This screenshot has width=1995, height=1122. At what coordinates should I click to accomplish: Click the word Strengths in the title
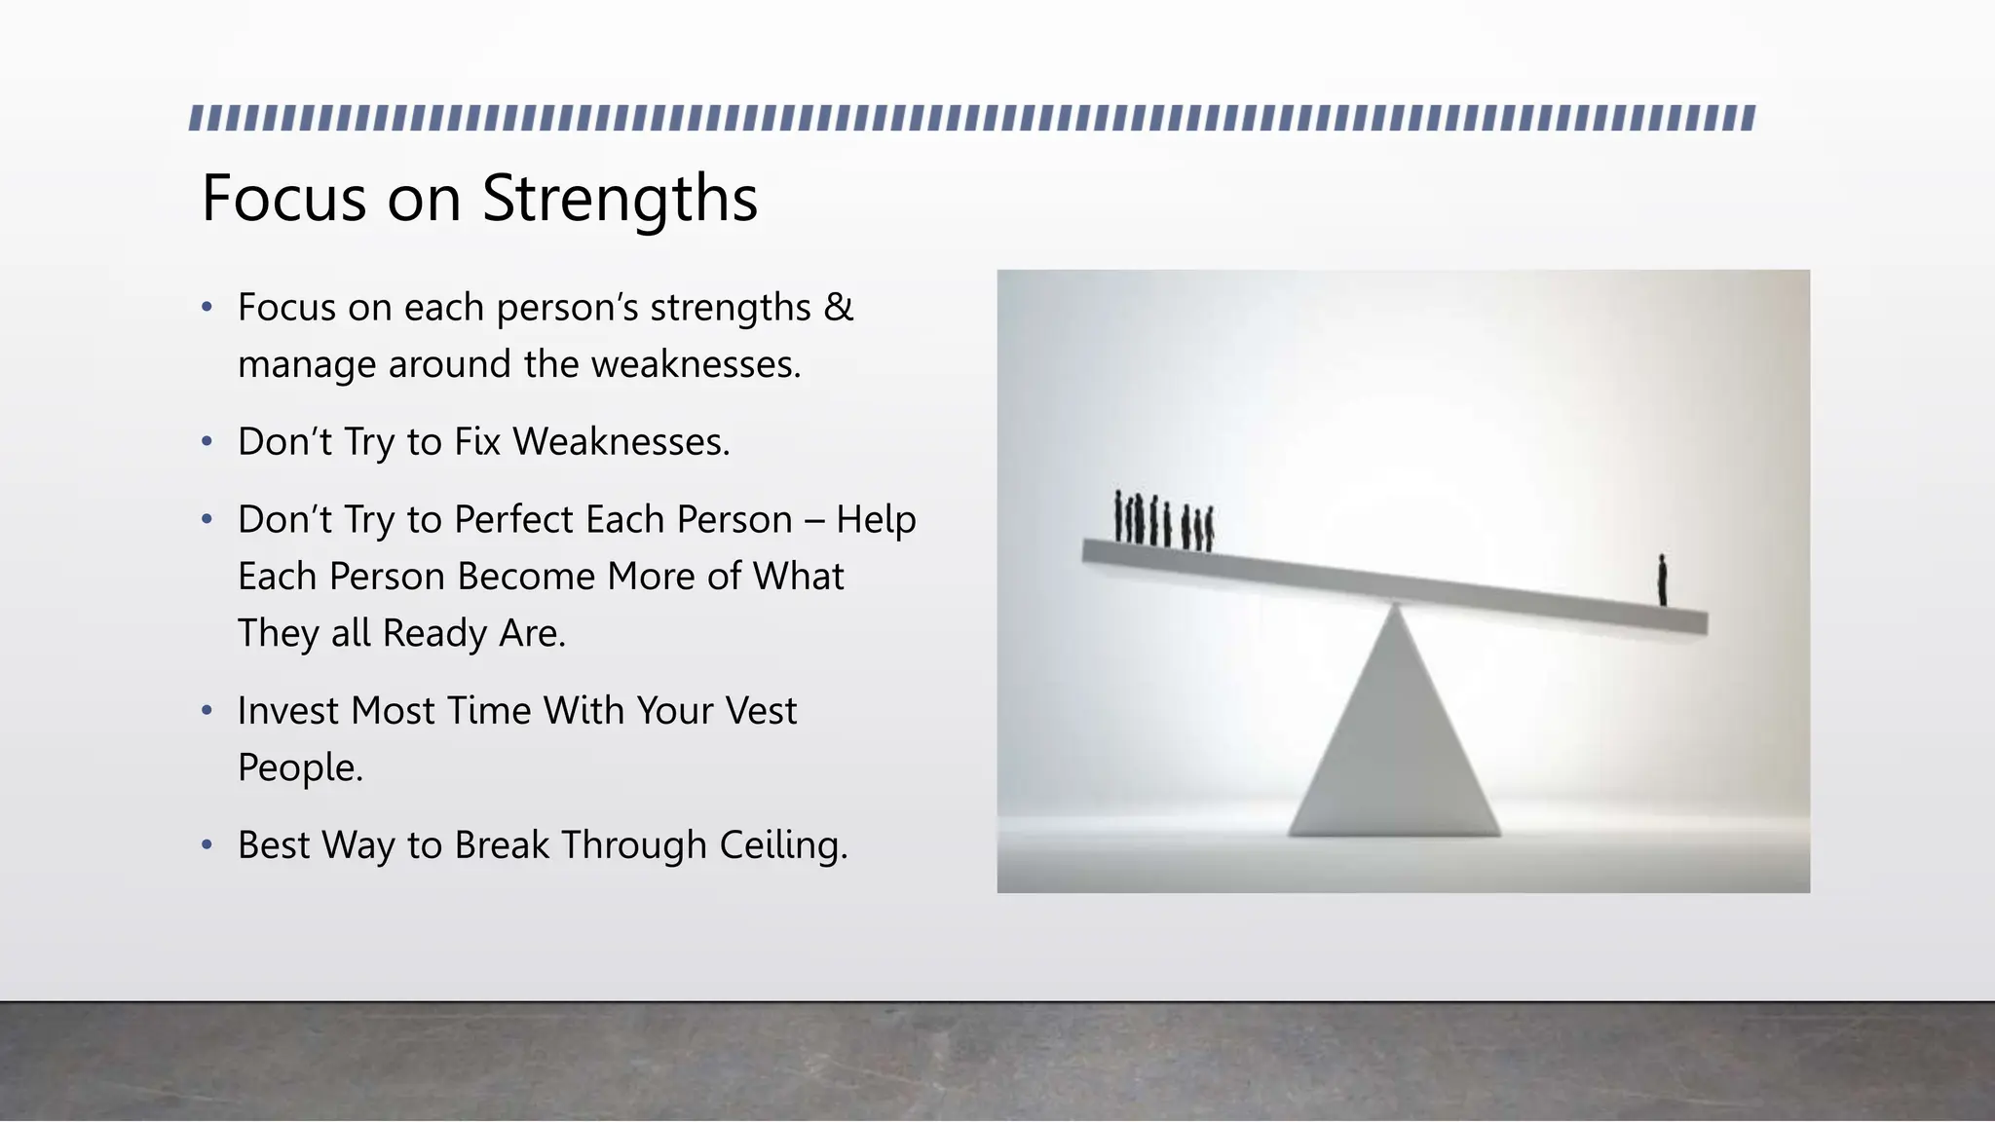point(620,200)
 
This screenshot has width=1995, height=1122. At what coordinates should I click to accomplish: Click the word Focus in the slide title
point(283,200)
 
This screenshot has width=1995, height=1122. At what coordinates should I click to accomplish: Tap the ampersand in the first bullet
point(838,308)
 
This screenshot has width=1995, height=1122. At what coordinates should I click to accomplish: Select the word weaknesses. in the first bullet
point(696,365)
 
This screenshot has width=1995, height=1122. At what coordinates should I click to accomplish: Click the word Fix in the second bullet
point(477,442)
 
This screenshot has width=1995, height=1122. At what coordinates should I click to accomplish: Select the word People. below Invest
point(300,768)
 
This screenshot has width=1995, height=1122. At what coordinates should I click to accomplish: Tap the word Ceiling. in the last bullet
point(783,845)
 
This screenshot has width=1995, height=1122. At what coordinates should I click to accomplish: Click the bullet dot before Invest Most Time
point(207,711)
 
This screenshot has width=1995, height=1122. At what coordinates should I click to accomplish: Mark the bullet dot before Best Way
point(207,844)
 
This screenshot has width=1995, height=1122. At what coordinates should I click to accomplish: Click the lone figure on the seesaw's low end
point(1663,580)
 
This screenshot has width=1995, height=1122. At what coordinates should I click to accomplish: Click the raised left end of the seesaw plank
point(1101,551)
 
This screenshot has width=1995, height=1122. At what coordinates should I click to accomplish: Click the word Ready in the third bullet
point(435,634)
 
